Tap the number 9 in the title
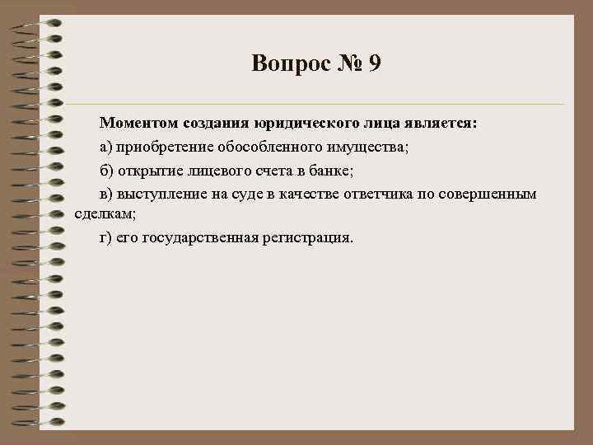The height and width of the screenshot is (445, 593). tap(375, 63)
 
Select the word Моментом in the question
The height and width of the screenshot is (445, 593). tap(134, 124)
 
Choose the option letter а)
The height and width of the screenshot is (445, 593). tap(106, 147)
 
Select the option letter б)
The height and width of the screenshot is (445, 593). tap(106, 170)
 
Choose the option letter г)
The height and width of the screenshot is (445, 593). tap(105, 238)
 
